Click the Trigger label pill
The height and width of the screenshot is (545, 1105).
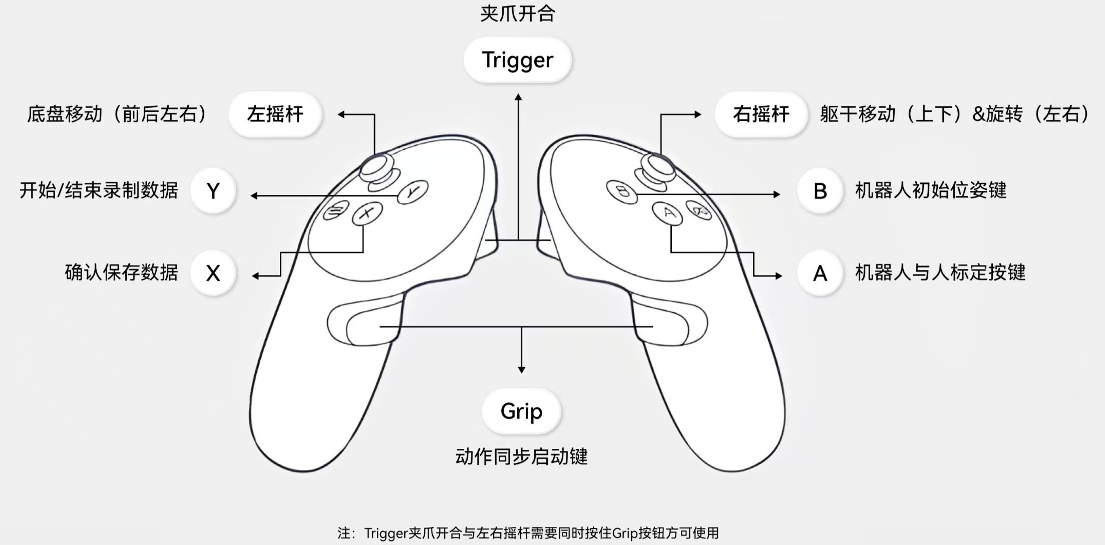pyautogui.click(x=517, y=60)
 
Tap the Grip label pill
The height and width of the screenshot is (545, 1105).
pyautogui.click(x=521, y=411)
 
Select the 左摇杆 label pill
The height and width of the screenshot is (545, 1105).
pyautogui.click(x=275, y=114)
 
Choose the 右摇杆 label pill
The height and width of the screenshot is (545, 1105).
pyautogui.click(x=761, y=114)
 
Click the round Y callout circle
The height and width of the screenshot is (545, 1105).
pyautogui.click(x=213, y=191)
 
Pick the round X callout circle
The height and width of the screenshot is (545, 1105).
pyautogui.click(x=213, y=274)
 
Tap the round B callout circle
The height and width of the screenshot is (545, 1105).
pyautogui.click(x=820, y=191)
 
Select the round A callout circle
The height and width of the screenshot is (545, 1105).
pyautogui.click(x=820, y=274)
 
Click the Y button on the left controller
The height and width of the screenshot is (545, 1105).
pyautogui.click(x=413, y=192)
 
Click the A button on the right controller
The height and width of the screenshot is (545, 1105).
pyautogui.click(x=667, y=213)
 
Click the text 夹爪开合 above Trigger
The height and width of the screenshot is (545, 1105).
pyautogui.click(x=518, y=14)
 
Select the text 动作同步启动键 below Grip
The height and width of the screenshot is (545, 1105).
pyautogui.click(x=521, y=456)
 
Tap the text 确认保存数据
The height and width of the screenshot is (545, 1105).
pyautogui.click(x=121, y=272)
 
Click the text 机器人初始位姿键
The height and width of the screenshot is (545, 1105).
pyautogui.click(x=930, y=191)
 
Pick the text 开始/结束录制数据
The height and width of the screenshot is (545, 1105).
pyautogui.click(x=99, y=191)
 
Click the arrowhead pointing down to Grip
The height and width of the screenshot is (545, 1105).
pyautogui.click(x=521, y=370)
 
